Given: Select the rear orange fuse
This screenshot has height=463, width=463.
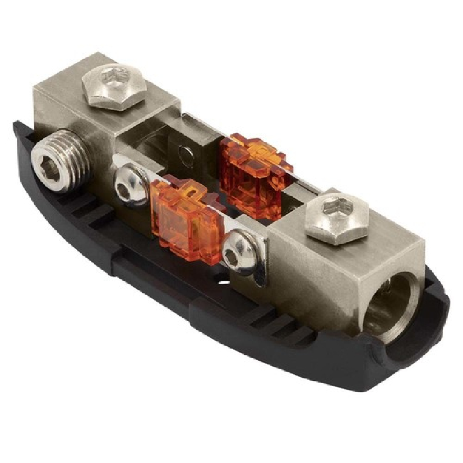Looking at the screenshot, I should coord(255,174).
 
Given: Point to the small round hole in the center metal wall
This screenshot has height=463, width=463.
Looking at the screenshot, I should coord(185,153).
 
